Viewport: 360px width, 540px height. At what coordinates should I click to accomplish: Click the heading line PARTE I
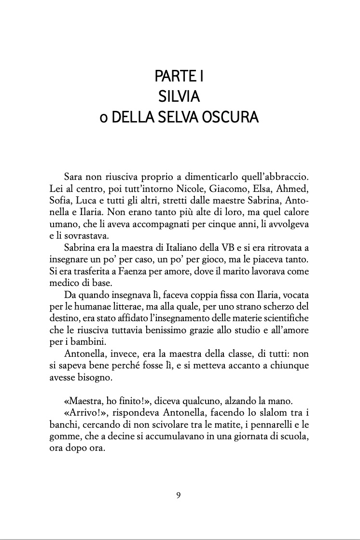point(179,76)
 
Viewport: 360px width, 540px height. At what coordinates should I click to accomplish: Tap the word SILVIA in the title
point(179,97)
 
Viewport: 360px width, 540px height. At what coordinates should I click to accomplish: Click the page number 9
point(179,495)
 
